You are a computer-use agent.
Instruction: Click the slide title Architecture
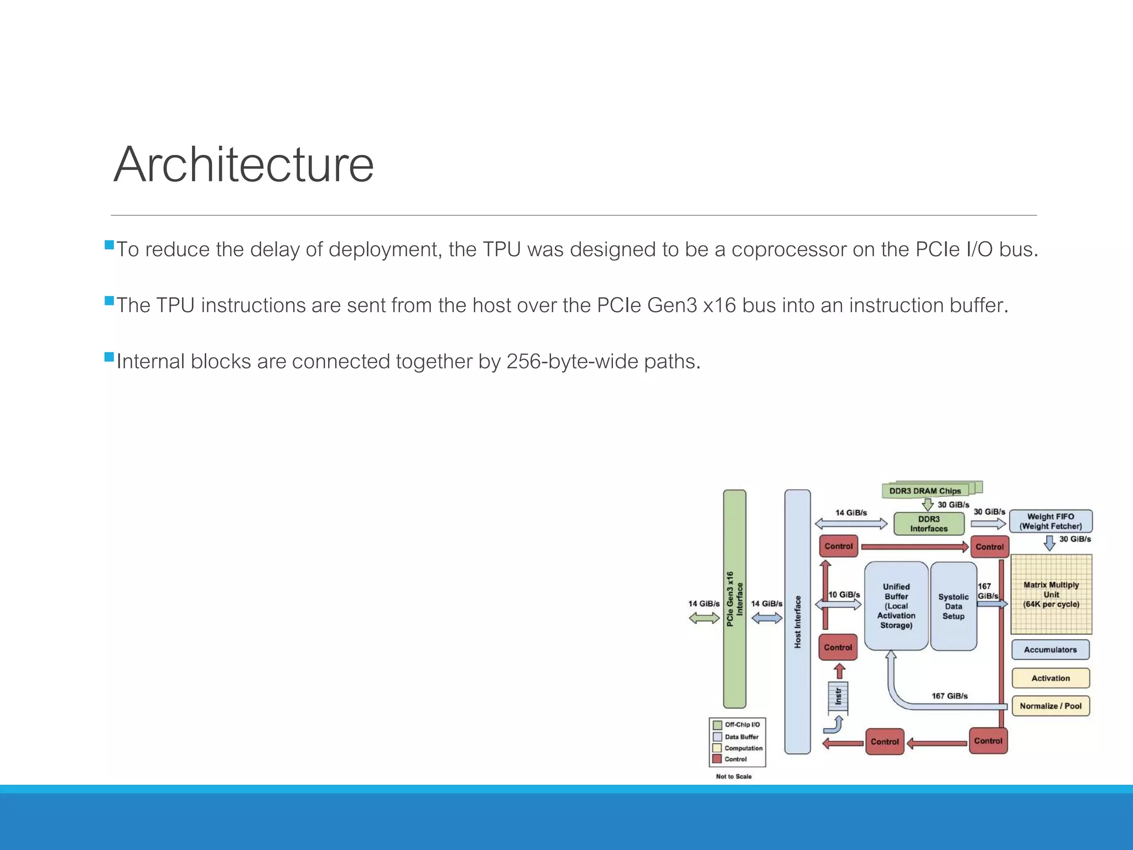pos(243,164)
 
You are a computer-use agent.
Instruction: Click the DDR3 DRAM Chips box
pos(924,491)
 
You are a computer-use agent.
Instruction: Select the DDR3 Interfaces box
pos(929,524)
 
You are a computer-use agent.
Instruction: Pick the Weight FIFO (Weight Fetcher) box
pos(1051,521)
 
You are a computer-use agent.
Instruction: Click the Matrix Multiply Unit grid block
pos(1051,594)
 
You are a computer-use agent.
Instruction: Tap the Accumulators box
pos(1050,650)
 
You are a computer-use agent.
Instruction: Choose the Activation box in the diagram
pos(1051,678)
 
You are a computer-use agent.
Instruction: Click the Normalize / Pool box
pos(1051,706)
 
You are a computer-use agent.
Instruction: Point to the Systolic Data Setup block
pos(953,607)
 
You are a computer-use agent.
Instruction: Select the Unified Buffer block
pos(896,606)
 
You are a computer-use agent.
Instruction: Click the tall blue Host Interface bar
pos(797,621)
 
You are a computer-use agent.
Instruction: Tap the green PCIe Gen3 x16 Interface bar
pos(734,599)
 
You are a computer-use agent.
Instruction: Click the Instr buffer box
pos(838,696)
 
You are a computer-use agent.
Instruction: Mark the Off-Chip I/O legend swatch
pos(718,725)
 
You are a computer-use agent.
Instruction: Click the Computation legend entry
pos(743,748)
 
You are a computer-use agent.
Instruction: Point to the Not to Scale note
pos(734,776)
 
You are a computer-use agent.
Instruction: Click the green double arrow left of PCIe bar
pos(704,618)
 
